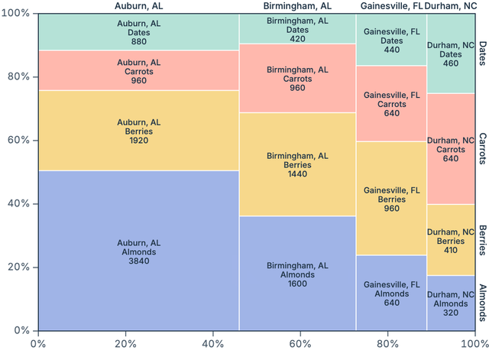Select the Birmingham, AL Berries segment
click(297, 164)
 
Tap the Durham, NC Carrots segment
click(451, 149)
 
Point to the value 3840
click(138, 261)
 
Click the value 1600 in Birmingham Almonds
click(297, 284)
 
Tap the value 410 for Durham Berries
click(451, 250)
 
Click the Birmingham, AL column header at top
click(297, 6)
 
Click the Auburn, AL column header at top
click(138, 6)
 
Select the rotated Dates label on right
click(483, 54)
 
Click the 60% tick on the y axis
click(18, 141)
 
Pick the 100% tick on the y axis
click(17, 14)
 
